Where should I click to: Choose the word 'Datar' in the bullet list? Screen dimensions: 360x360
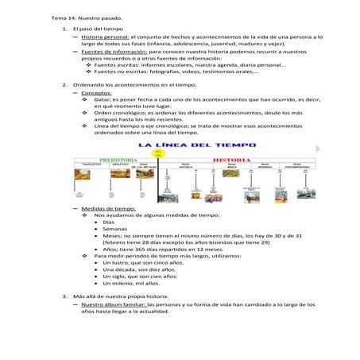coord(103,99)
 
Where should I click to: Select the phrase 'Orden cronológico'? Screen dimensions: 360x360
coord(120,113)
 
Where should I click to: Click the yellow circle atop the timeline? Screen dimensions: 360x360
coord(181,154)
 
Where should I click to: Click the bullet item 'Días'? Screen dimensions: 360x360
coord(109,222)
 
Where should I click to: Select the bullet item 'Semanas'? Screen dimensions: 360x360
coord(114,229)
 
